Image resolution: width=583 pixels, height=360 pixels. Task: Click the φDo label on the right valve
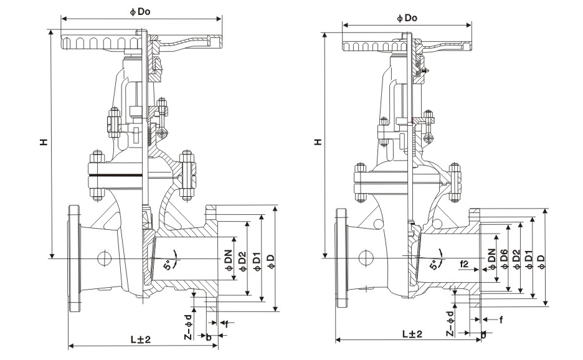406,18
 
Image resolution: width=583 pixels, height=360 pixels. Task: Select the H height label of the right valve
318,142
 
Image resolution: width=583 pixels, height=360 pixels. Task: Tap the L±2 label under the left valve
141,339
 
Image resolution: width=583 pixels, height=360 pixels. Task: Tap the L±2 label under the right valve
411,334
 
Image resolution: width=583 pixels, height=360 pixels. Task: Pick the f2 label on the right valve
464,263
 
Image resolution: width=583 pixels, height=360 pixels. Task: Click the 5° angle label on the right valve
434,265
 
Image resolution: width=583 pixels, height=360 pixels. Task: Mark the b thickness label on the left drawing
208,337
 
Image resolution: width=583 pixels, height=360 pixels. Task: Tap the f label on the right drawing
501,320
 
